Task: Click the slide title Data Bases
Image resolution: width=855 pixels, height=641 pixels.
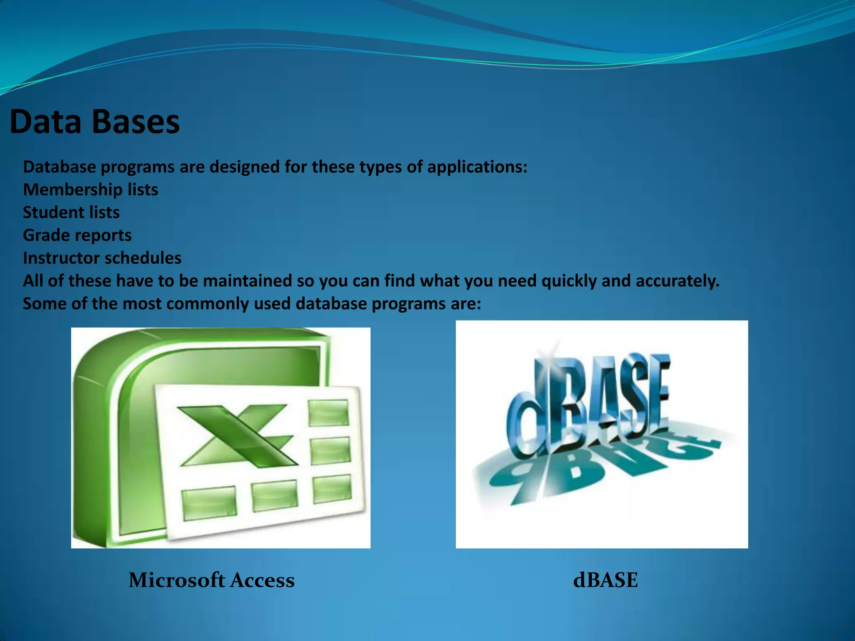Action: click(x=94, y=122)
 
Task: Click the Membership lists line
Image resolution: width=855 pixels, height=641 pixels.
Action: click(x=91, y=190)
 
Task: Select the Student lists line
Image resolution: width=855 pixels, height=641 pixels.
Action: click(x=71, y=212)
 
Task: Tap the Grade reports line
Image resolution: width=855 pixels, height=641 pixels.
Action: click(x=77, y=235)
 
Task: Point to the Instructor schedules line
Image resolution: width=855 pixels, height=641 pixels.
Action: click(x=102, y=258)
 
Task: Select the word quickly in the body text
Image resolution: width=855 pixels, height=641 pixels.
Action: click(x=569, y=281)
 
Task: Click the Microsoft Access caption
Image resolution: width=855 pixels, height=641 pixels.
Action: click(x=211, y=580)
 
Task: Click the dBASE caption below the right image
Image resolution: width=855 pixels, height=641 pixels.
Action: click(x=605, y=580)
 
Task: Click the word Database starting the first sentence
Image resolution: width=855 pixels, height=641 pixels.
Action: click(x=59, y=167)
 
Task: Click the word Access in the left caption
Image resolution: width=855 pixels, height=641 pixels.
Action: click(x=263, y=580)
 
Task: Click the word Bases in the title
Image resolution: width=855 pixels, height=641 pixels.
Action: click(x=135, y=122)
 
